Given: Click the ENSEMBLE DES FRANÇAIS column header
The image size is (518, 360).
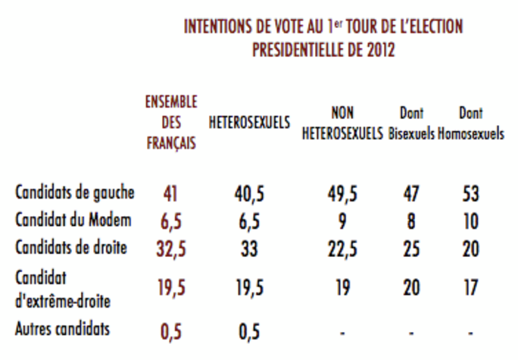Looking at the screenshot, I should click(x=172, y=123).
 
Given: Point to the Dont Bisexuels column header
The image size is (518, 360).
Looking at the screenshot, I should click(x=410, y=124).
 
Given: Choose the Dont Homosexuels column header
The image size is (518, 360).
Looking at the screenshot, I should click(x=470, y=124).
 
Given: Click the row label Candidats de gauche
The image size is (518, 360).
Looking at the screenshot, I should click(x=74, y=193).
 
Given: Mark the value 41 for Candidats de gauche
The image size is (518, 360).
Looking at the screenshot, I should click(x=171, y=194).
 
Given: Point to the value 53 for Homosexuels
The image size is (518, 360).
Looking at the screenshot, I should click(x=470, y=194).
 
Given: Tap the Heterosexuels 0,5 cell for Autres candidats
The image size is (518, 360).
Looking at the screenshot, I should click(x=249, y=332).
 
